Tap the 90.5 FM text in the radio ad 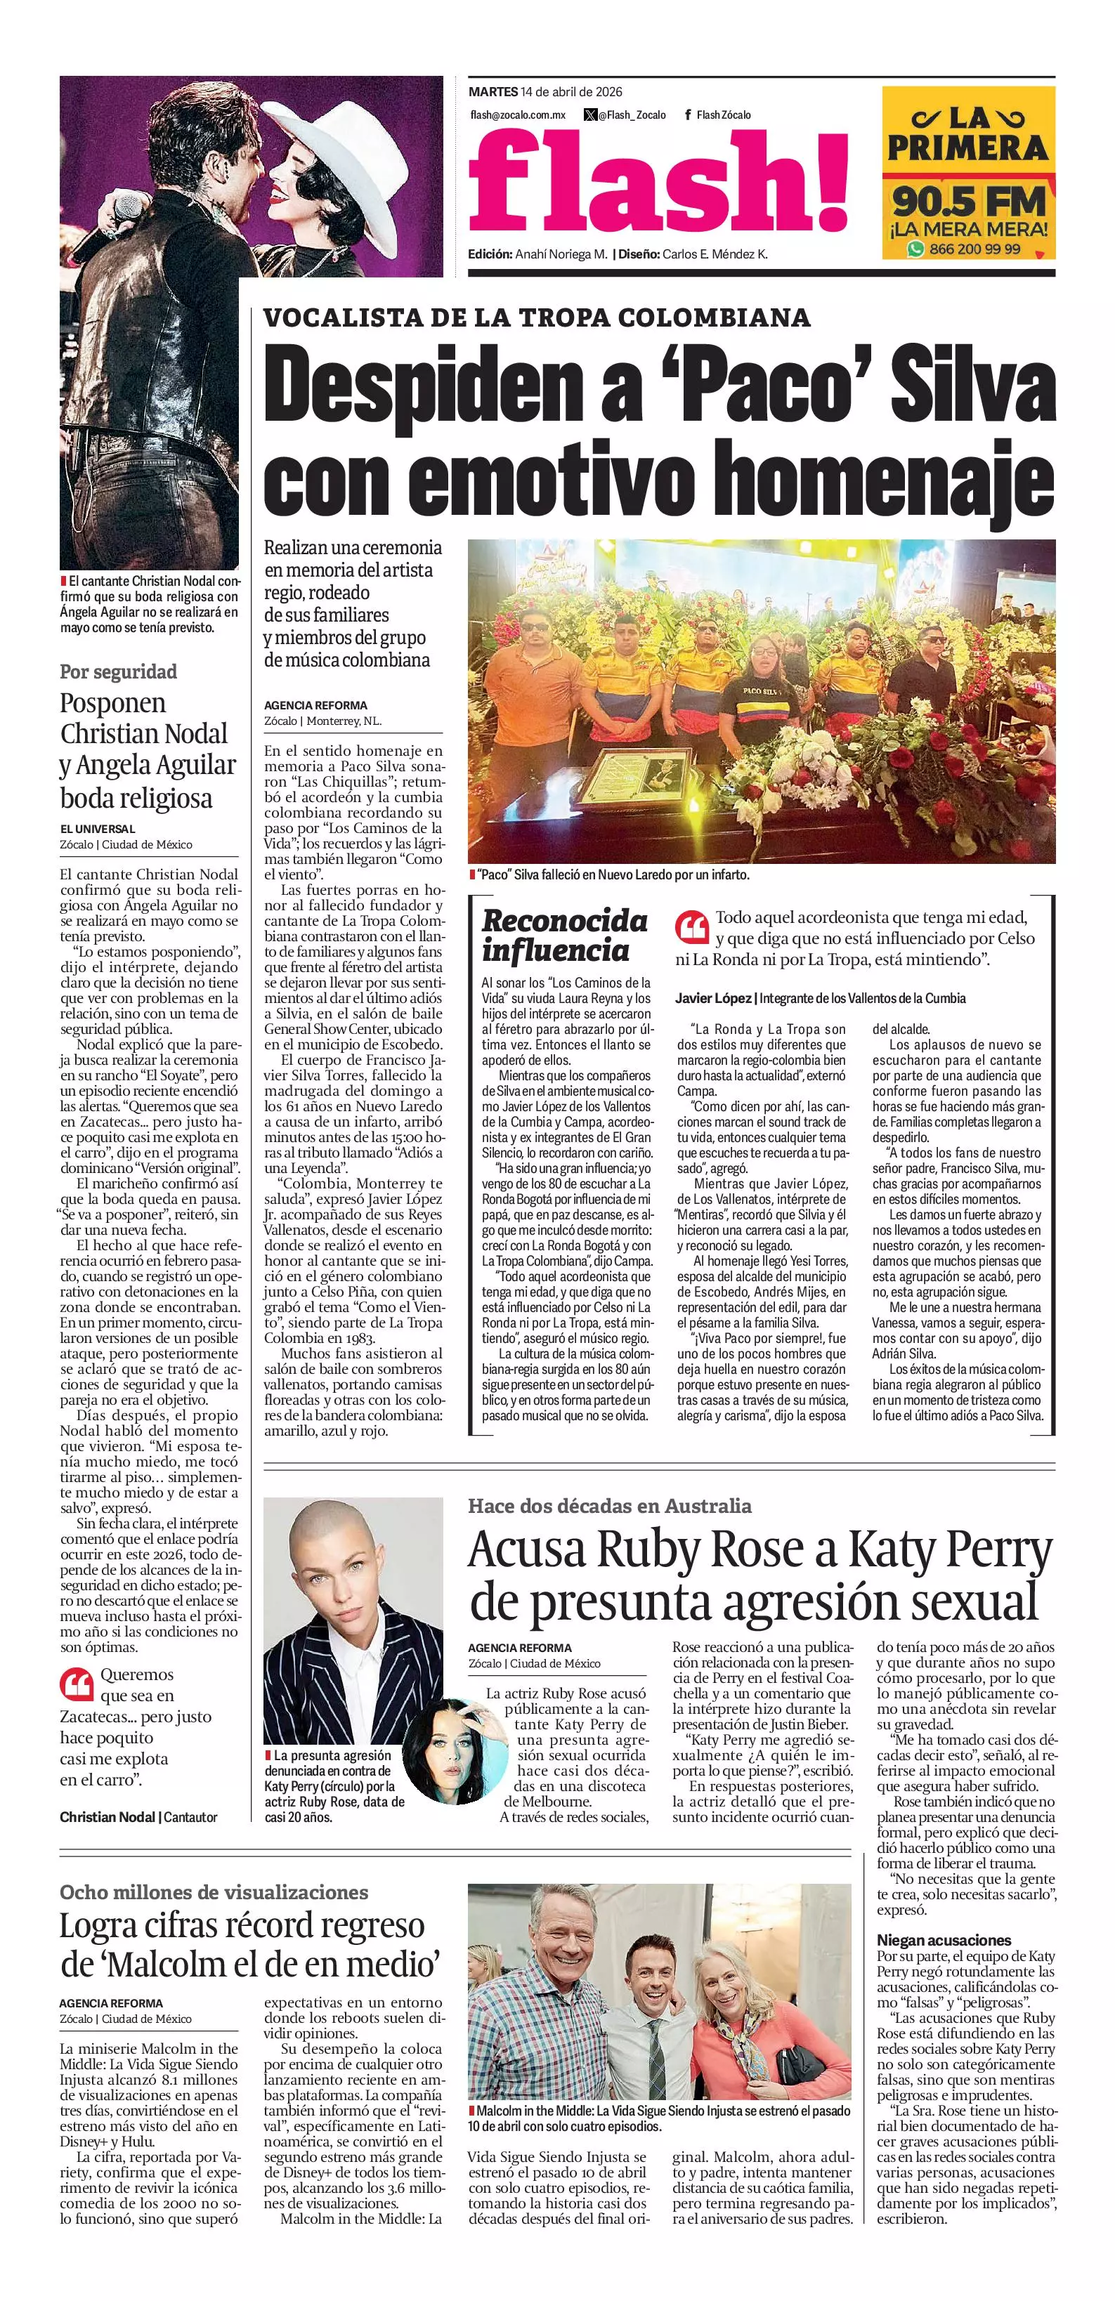tap(967, 200)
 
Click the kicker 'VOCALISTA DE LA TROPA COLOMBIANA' tap(537, 317)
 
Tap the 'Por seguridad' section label tap(118, 671)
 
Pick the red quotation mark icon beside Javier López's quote tap(691, 927)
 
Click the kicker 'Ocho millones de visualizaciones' tap(214, 1892)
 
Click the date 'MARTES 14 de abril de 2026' tap(545, 91)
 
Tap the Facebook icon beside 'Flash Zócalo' tap(687, 115)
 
